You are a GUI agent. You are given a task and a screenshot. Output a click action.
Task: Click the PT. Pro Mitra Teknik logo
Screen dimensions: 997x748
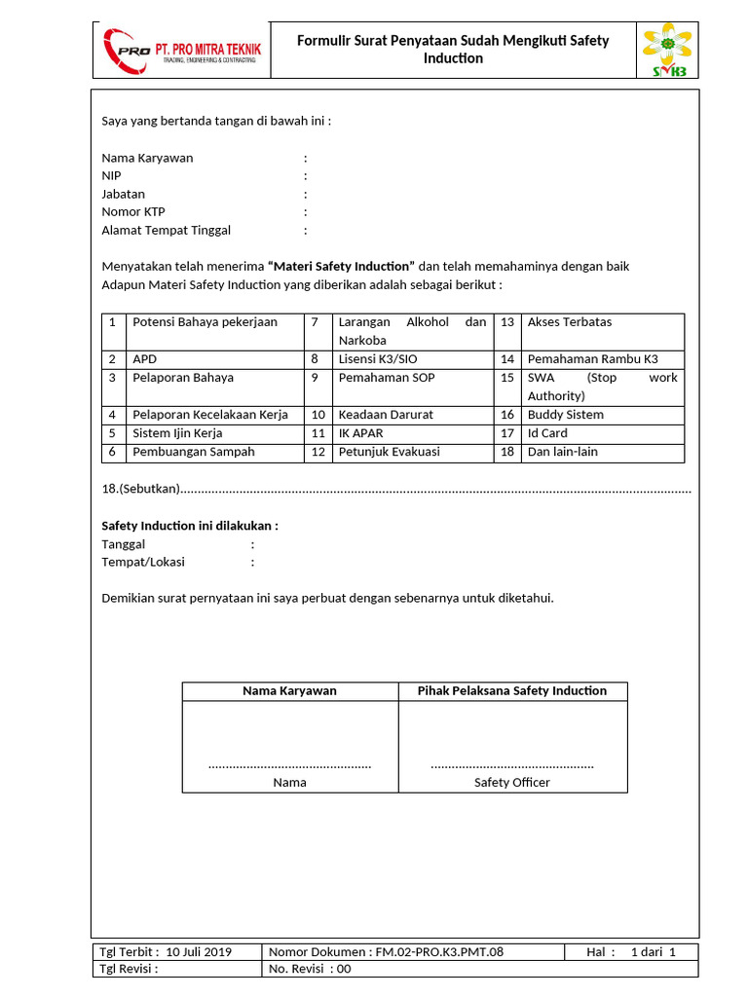click(x=181, y=50)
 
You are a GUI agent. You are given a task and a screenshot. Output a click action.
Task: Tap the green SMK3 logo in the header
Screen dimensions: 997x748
click(x=667, y=50)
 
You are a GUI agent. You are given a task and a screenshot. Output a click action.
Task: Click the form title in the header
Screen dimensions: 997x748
click(x=452, y=49)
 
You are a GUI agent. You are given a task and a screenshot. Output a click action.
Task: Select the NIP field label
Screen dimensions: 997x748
click(x=112, y=176)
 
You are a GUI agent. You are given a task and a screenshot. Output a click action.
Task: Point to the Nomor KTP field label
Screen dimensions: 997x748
click(x=133, y=212)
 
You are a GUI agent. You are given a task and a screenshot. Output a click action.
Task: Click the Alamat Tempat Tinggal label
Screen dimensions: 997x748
click(x=166, y=231)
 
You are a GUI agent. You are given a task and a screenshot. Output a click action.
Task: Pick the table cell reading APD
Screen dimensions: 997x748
click(x=144, y=359)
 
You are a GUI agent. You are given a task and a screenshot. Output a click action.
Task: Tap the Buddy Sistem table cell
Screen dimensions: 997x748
click(x=565, y=415)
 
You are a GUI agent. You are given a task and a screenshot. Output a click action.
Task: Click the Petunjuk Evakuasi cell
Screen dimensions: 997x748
click(x=389, y=452)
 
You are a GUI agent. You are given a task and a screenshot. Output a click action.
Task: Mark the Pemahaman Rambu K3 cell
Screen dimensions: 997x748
click(x=592, y=359)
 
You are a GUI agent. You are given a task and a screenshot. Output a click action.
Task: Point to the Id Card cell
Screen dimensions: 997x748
click(x=547, y=433)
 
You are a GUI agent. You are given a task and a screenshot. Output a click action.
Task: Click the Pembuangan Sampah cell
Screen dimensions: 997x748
click(x=194, y=452)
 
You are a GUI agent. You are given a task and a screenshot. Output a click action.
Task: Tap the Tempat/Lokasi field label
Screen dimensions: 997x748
click(x=143, y=563)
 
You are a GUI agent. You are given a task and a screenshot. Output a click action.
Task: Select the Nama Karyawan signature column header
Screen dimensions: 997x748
click(x=289, y=691)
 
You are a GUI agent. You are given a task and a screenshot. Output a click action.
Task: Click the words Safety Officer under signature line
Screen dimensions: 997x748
click(x=511, y=783)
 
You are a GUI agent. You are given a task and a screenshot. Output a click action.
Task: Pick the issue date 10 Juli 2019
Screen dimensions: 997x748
click(x=199, y=952)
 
